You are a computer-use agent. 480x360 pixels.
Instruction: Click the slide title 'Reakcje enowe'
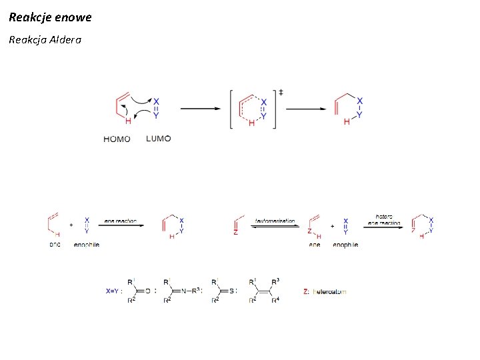click(51, 17)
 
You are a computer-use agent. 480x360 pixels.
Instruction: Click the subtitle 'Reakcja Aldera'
click(45, 40)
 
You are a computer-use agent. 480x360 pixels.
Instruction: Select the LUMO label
click(158, 139)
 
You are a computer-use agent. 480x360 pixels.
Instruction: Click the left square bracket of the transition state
click(231, 108)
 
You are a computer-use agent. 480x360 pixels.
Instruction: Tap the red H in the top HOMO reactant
click(127, 121)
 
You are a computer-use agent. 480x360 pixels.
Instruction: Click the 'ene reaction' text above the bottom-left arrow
click(121, 221)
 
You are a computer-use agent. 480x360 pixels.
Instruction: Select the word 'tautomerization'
click(275, 221)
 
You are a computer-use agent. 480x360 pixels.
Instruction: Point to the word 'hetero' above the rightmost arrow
click(384, 216)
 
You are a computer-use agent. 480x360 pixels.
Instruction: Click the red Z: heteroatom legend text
click(325, 291)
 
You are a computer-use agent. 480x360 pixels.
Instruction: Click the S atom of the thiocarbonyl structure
click(231, 291)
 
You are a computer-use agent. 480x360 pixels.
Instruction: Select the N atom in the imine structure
click(187, 291)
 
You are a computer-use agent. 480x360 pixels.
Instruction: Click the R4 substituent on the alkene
click(275, 301)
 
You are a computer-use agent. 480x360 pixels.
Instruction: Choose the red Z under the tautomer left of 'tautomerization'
click(235, 233)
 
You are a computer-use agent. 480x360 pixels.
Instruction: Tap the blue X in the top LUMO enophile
click(155, 101)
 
